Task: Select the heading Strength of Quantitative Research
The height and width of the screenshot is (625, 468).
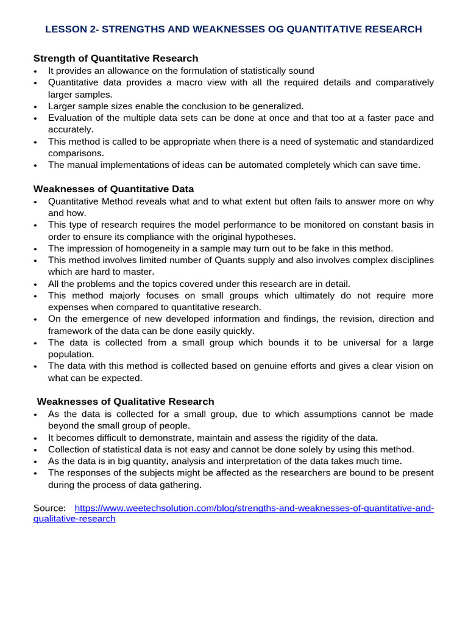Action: click(115, 59)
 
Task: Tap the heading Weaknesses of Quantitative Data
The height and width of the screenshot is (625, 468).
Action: click(113, 189)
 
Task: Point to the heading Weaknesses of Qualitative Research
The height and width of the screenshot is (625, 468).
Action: click(126, 402)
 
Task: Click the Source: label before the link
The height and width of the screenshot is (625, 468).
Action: click(49, 508)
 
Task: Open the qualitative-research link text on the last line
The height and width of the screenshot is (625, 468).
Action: click(74, 519)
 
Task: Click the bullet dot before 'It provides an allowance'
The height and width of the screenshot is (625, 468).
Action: click(36, 71)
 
